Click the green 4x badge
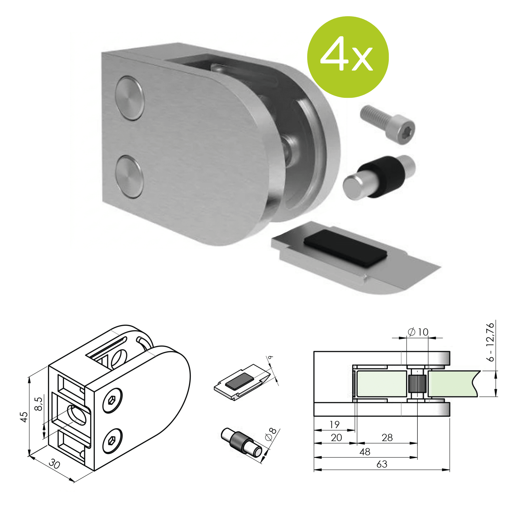click(348, 57)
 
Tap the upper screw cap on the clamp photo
click(130, 98)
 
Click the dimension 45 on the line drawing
click(24, 417)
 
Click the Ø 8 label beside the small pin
click(271, 434)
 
